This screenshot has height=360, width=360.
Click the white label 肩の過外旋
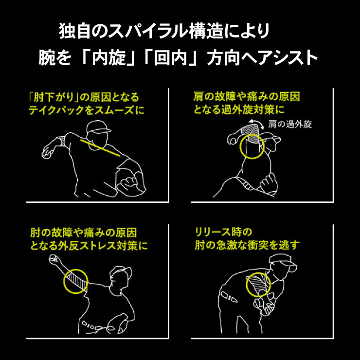[290, 125]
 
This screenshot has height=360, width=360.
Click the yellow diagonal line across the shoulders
[100, 148]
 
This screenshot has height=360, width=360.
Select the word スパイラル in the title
[148, 32]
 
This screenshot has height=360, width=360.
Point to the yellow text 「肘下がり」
[54, 97]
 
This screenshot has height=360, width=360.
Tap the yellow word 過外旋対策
[248, 110]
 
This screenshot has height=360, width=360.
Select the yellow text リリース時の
[224, 233]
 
